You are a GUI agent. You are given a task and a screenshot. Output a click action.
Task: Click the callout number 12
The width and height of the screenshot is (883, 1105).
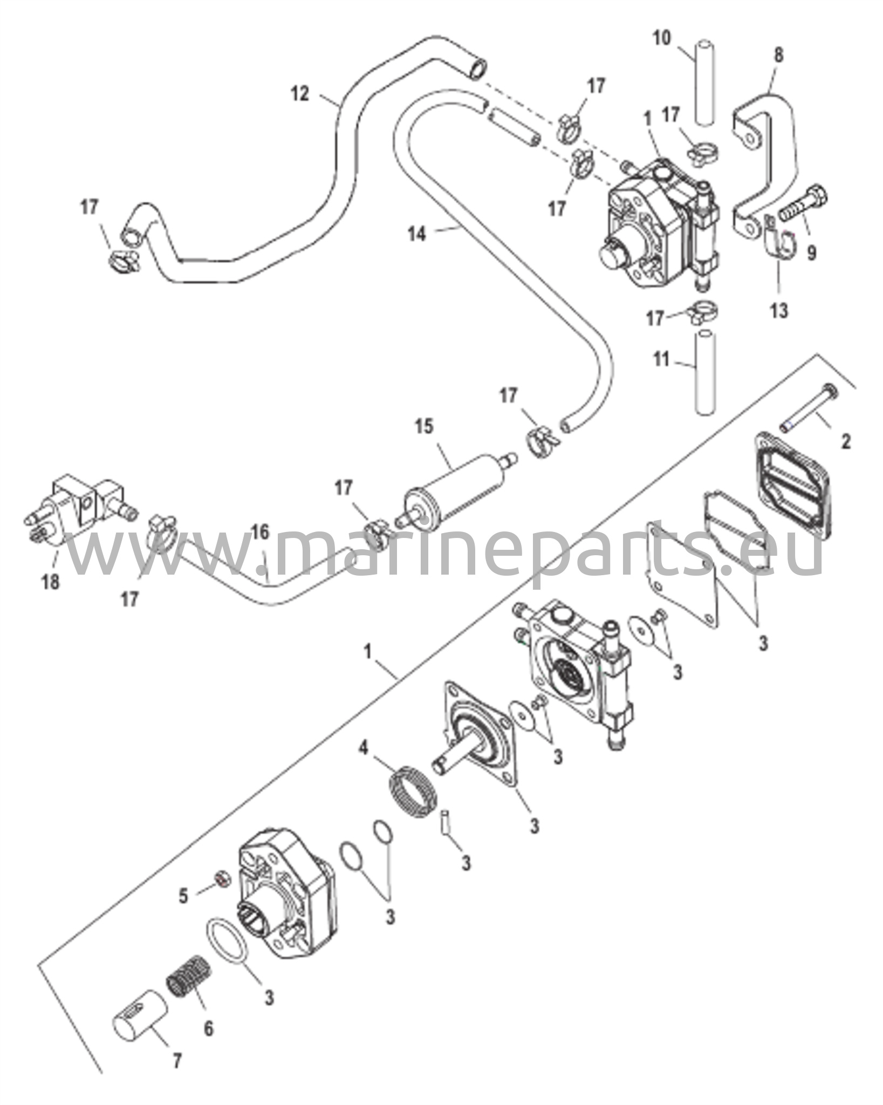(x=300, y=94)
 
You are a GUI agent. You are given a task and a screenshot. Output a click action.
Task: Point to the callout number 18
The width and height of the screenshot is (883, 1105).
(x=51, y=582)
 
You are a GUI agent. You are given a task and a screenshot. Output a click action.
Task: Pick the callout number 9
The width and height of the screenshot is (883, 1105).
(x=812, y=252)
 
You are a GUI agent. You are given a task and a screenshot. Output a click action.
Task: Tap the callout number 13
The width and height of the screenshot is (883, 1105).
(x=780, y=311)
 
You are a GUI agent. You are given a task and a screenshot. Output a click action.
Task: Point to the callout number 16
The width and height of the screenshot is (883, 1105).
(x=260, y=533)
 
